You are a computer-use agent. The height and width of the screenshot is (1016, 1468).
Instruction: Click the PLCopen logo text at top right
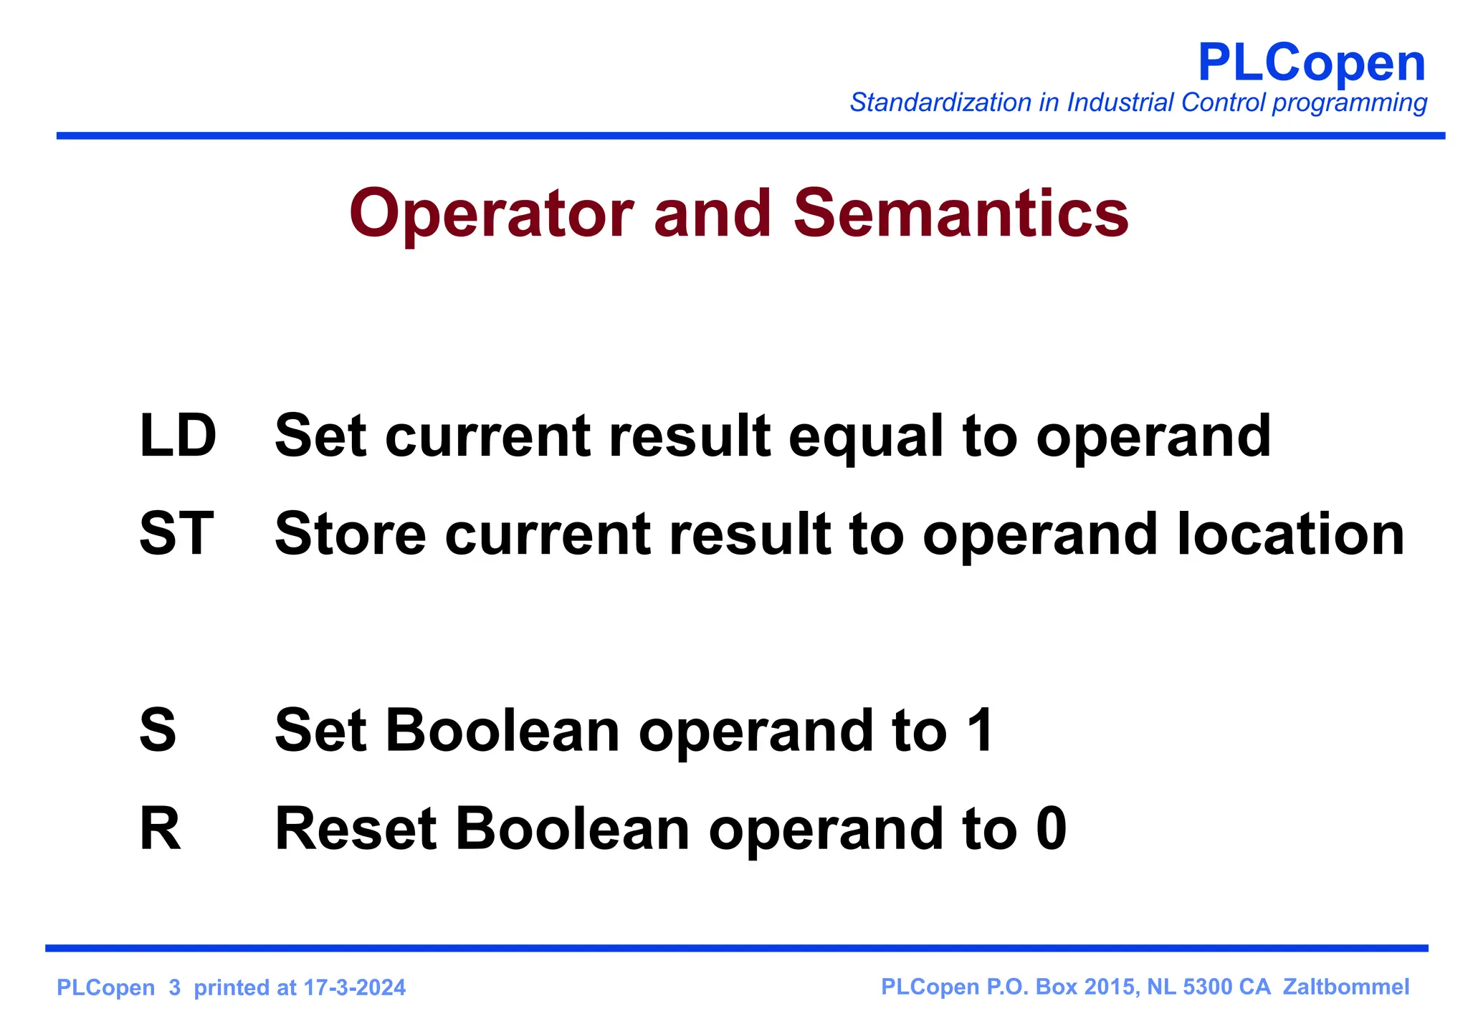click(1311, 63)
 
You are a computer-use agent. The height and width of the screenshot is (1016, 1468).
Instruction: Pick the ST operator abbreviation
click(176, 534)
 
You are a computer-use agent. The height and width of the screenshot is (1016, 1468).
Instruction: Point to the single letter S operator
click(158, 730)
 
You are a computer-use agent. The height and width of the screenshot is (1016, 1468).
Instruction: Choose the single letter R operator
click(160, 829)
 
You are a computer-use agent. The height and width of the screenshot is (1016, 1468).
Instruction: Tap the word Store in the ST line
click(350, 534)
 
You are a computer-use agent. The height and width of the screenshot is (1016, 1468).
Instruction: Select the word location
click(1290, 534)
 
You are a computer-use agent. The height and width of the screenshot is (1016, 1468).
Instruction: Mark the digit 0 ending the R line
click(1051, 829)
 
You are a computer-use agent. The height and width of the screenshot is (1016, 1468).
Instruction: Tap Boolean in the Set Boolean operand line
click(502, 730)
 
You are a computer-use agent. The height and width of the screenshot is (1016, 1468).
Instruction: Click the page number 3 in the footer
click(175, 988)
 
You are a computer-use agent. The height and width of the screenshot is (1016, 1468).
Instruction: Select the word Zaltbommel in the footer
click(1345, 987)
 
